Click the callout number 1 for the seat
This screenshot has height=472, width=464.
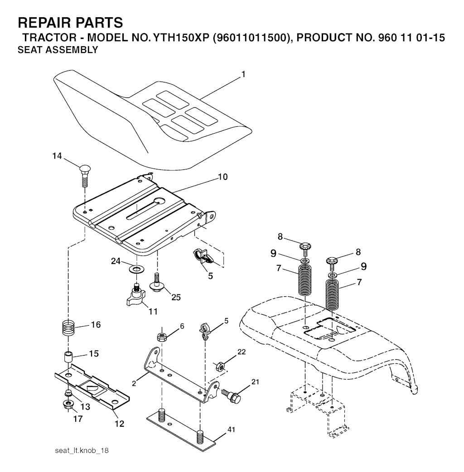[x=243, y=74]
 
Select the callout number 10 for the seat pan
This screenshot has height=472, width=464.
[x=222, y=177]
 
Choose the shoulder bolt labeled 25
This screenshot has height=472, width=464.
[x=157, y=282]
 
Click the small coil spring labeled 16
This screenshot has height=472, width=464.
[x=69, y=328]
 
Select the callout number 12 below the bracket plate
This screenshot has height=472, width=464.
[x=119, y=424]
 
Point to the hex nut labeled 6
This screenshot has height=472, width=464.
[x=162, y=337]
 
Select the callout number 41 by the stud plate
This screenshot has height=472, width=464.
[x=231, y=429]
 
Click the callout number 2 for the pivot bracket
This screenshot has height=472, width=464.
[x=134, y=384]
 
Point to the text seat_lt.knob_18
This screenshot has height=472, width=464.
[x=82, y=451]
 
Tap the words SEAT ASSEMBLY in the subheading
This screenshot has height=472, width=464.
[x=58, y=50]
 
